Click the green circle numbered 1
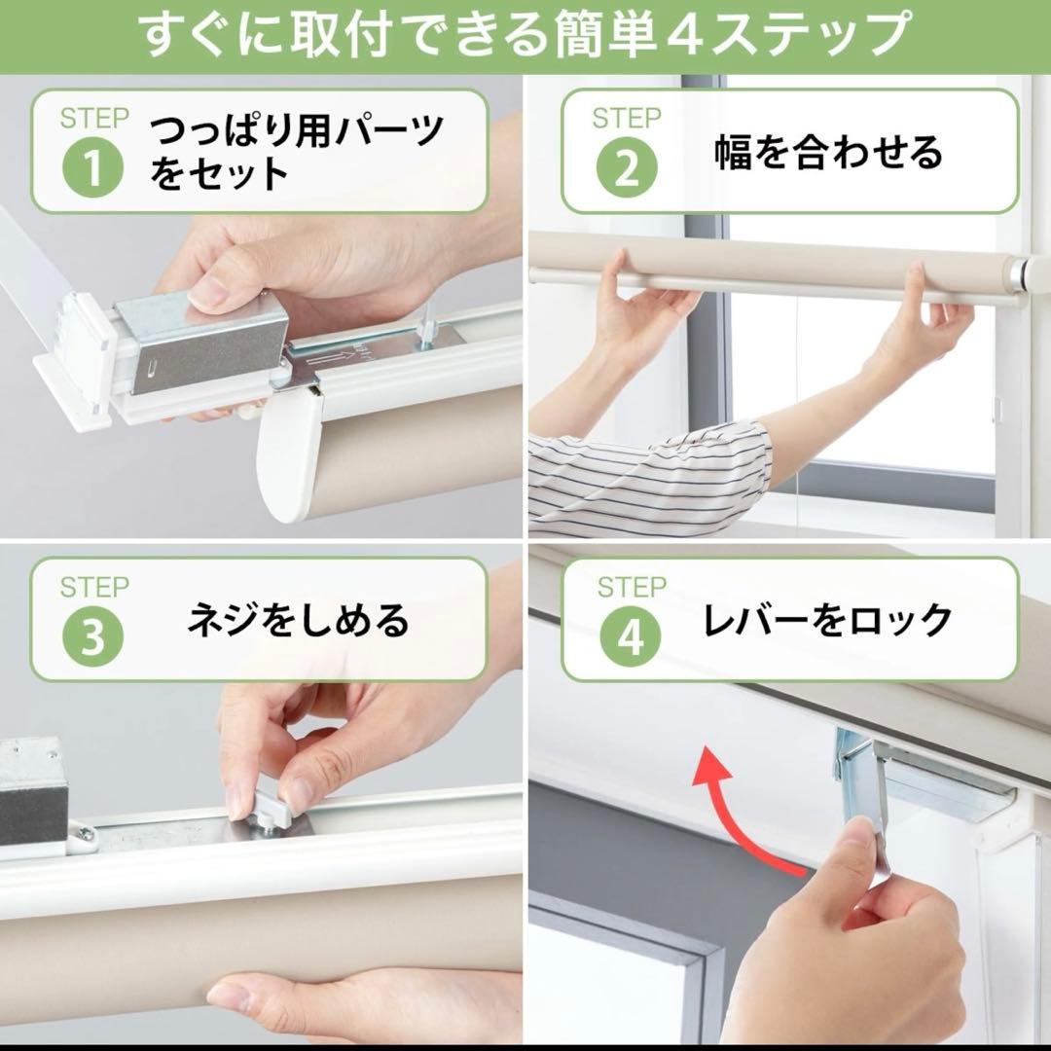coord(94,168)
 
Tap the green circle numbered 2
coord(627,168)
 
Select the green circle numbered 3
coord(94,636)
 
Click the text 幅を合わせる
coord(829,153)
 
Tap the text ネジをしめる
coord(298,621)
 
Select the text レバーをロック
coord(827,620)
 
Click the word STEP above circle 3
coord(94,588)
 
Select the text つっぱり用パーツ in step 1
coord(297,131)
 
